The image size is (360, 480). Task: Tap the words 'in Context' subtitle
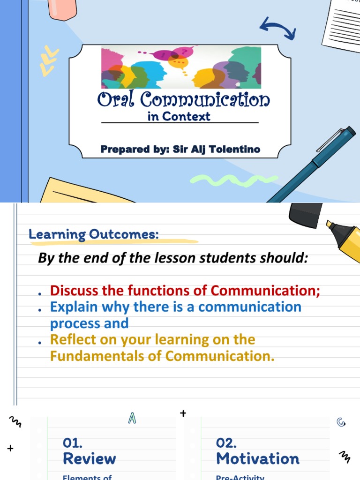(179, 117)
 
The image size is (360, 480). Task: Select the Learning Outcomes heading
(94, 234)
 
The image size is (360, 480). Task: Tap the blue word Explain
(74, 307)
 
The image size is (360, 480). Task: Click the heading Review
(89, 458)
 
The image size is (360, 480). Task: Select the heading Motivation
(257, 458)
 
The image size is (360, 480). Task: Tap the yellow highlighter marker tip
(330, 225)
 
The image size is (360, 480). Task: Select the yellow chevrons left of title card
(49, 61)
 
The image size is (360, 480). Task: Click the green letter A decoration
(132, 419)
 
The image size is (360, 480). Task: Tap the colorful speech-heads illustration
(181, 67)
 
